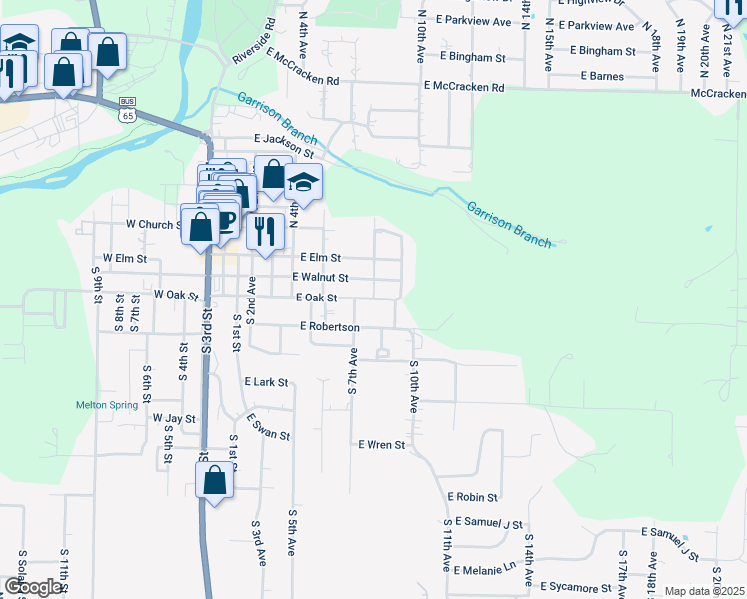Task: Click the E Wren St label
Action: coord(381,444)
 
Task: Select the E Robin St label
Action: coord(472,496)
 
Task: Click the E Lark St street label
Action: coord(266,382)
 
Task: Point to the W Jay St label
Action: coord(174,418)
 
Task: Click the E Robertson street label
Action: coord(329,326)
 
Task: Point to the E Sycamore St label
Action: coord(575,587)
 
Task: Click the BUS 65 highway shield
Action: coord(127,109)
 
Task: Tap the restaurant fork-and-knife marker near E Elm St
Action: coord(265,231)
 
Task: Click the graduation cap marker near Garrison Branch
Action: coord(303,183)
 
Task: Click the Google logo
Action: coord(33,587)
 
